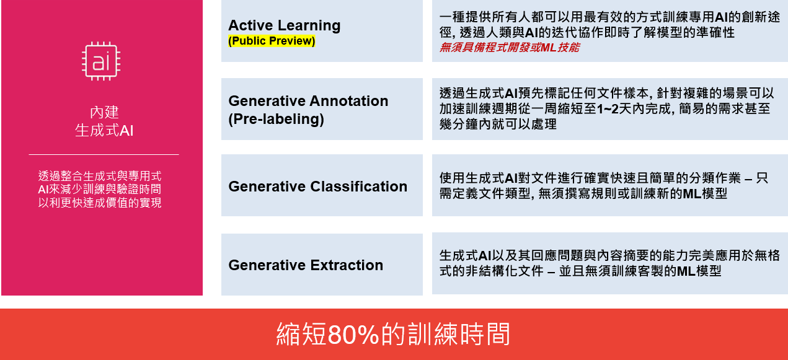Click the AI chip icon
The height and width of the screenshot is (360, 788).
(101, 61)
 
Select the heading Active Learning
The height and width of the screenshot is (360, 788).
(284, 25)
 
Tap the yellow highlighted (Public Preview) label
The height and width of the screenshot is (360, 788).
(272, 41)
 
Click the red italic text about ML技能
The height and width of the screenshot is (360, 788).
(510, 47)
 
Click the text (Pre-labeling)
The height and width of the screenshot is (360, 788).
(276, 119)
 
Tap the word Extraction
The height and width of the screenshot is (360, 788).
(347, 265)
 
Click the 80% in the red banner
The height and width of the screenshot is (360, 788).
(353, 335)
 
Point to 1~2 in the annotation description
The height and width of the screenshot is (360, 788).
(608, 109)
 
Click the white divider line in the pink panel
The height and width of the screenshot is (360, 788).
(104, 154)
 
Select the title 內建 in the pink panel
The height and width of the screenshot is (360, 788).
(105, 112)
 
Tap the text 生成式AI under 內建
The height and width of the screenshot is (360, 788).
(104, 130)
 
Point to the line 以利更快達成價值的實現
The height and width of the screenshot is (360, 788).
(100, 203)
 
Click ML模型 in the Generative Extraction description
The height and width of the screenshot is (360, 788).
(699, 271)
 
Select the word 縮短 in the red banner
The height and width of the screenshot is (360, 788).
(301, 335)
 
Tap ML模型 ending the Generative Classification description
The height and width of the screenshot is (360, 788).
(705, 193)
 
